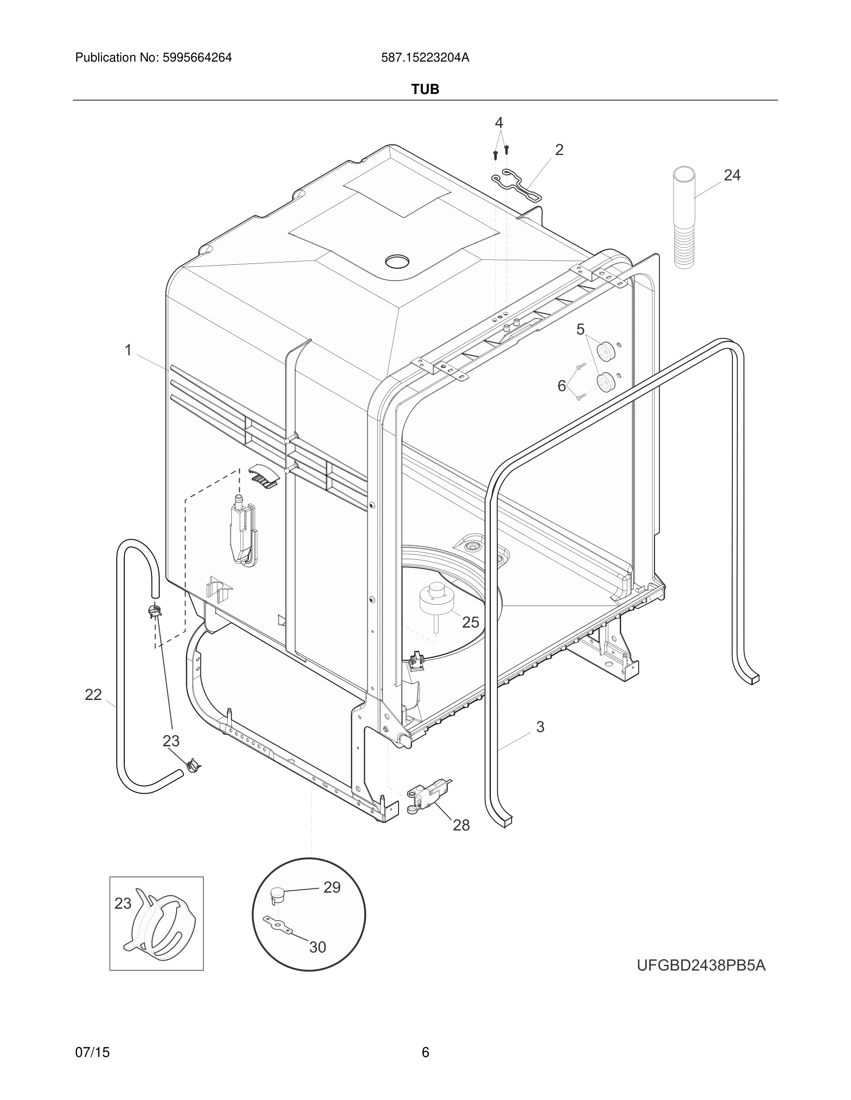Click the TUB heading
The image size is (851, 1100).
pyautogui.click(x=425, y=89)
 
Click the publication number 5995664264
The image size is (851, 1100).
pyautogui.click(x=197, y=58)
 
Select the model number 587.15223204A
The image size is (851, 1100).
pyautogui.click(x=425, y=58)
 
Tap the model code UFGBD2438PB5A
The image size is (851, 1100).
pyautogui.click(x=701, y=966)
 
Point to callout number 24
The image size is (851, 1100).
pyautogui.click(x=732, y=175)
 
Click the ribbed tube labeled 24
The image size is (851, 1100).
pyautogui.click(x=684, y=217)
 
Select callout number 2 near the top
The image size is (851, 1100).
pyautogui.click(x=559, y=150)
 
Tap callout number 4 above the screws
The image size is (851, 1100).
pyautogui.click(x=499, y=122)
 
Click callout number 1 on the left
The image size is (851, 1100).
pyautogui.click(x=128, y=350)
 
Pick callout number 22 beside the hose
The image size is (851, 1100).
pyautogui.click(x=93, y=695)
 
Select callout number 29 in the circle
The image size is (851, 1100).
pyautogui.click(x=332, y=887)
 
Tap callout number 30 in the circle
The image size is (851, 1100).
pyautogui.click(x=318, y=947)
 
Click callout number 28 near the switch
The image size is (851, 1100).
pyautogui.click(x=461, y=825)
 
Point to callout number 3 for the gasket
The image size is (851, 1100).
pyautogui.click(x=540, y=727)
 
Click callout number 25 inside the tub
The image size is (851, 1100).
pyautogui.click(x=470, y=623)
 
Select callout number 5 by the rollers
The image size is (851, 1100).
pyautogui.click(x=580, y=329)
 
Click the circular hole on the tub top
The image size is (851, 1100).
pyautogui.click(x=397, y=262)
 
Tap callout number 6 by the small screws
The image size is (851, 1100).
pyautogui.click(x=562, y=386)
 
